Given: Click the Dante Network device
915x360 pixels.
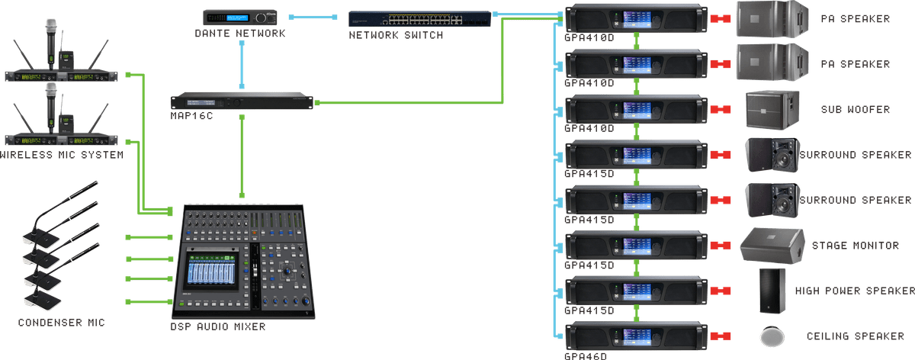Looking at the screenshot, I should (239, 18).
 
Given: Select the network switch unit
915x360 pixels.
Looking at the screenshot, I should (419, 19).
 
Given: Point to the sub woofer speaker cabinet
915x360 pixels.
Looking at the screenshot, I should (773, 109).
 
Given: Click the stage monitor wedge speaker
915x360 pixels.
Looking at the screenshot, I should (772, 246).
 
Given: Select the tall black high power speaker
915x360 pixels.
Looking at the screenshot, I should (772, 290).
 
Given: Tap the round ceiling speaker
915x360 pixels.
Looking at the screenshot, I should (772, 336).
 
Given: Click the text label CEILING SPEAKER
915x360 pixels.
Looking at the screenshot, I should (855, 336).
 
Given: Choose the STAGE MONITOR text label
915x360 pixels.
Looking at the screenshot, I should (855, 246).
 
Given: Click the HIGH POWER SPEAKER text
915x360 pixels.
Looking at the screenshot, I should (854, 291).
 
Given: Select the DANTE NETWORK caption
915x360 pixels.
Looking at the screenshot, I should (239, 34).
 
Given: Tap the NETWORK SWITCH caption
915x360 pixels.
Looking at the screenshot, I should (396, 36).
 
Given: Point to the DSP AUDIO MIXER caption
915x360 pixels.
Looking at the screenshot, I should (218, 326).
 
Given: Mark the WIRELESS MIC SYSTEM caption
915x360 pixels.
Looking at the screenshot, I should (61, 156).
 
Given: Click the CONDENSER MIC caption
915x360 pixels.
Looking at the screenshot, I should (61, 323).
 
